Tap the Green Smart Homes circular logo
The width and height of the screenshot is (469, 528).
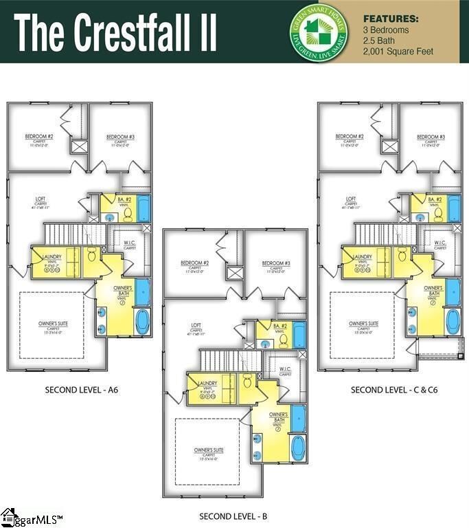point(317,30)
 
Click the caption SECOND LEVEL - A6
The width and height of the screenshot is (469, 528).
point(82,390)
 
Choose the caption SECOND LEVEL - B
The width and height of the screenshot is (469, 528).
point(233,516)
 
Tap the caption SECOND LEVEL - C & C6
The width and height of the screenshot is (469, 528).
point(394,390)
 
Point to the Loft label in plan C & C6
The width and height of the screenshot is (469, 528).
point(351,199)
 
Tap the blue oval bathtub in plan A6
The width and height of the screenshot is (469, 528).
point(142,321)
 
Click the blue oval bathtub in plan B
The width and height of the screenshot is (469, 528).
point(298,448)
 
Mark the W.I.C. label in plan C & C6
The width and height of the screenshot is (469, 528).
point(440,243)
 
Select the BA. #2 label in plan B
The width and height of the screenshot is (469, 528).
point(280,326)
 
